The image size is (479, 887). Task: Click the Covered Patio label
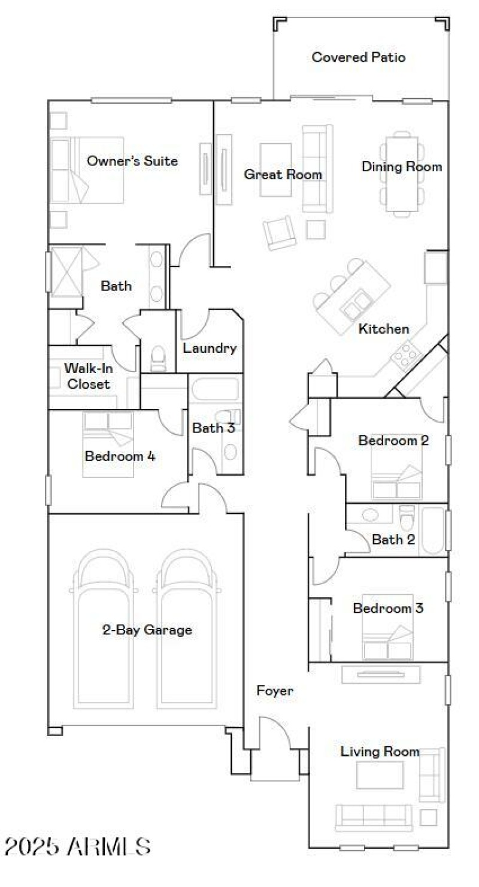pos(359,57)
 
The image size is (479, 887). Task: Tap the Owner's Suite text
pos(132,161)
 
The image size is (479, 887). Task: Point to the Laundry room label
pos(210,348)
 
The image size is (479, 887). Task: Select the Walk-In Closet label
pos(89,376)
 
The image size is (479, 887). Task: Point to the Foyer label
pos(275,691)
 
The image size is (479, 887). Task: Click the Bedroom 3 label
pos(388,609)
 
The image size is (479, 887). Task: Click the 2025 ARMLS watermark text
pos(78,846)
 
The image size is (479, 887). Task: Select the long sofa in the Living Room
pos(372,815)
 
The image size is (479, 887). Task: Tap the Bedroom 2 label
pos(393,440)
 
